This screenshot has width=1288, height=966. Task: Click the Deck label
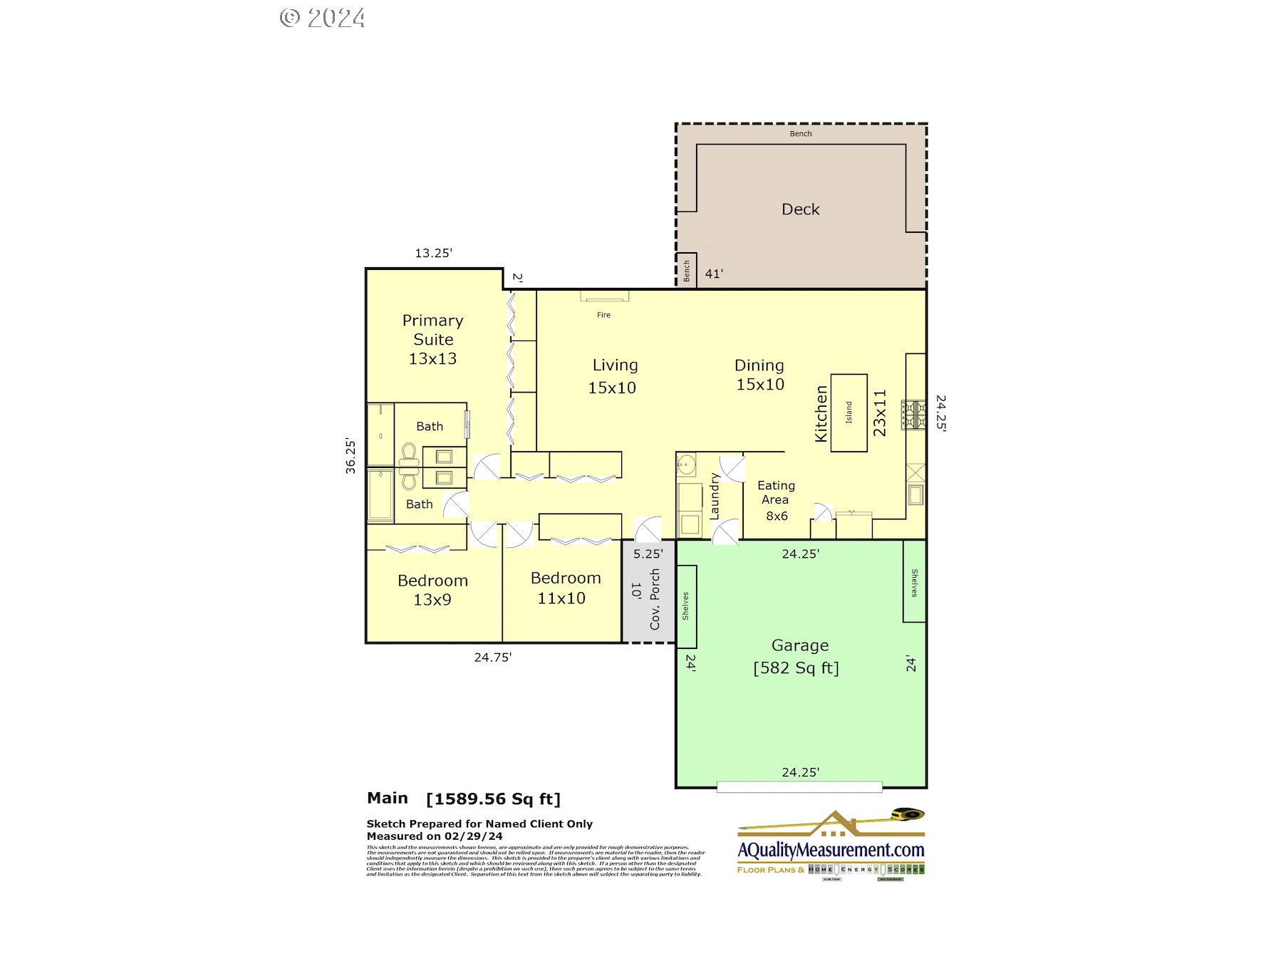point(800,209)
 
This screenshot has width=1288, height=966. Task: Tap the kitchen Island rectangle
point(848,412)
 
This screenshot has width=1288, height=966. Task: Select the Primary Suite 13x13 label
point(432,340)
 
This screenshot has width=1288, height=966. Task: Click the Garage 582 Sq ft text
point(796,657)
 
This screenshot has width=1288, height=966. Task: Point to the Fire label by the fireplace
point(603,315)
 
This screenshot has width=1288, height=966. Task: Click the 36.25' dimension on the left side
point(350,456)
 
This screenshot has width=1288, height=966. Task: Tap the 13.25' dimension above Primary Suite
point(433,253)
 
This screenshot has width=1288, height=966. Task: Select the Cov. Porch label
point(655,598)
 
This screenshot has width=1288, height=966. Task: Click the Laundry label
point(715,496)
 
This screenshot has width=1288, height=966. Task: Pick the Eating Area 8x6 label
point(776,500)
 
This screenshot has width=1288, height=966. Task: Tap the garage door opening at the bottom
point(799,786)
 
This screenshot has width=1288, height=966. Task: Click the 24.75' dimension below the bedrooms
point(492,658)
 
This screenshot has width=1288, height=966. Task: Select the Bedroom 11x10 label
point(565,588)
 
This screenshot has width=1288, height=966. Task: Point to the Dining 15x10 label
point(759,375)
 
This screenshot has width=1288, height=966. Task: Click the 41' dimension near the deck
point(714,274)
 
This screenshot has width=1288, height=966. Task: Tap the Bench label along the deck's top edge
point(800,134)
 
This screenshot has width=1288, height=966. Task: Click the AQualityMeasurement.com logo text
point(831,850)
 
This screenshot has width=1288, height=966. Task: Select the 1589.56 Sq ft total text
point(493,799)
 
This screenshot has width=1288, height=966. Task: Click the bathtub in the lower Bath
point(380,494)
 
